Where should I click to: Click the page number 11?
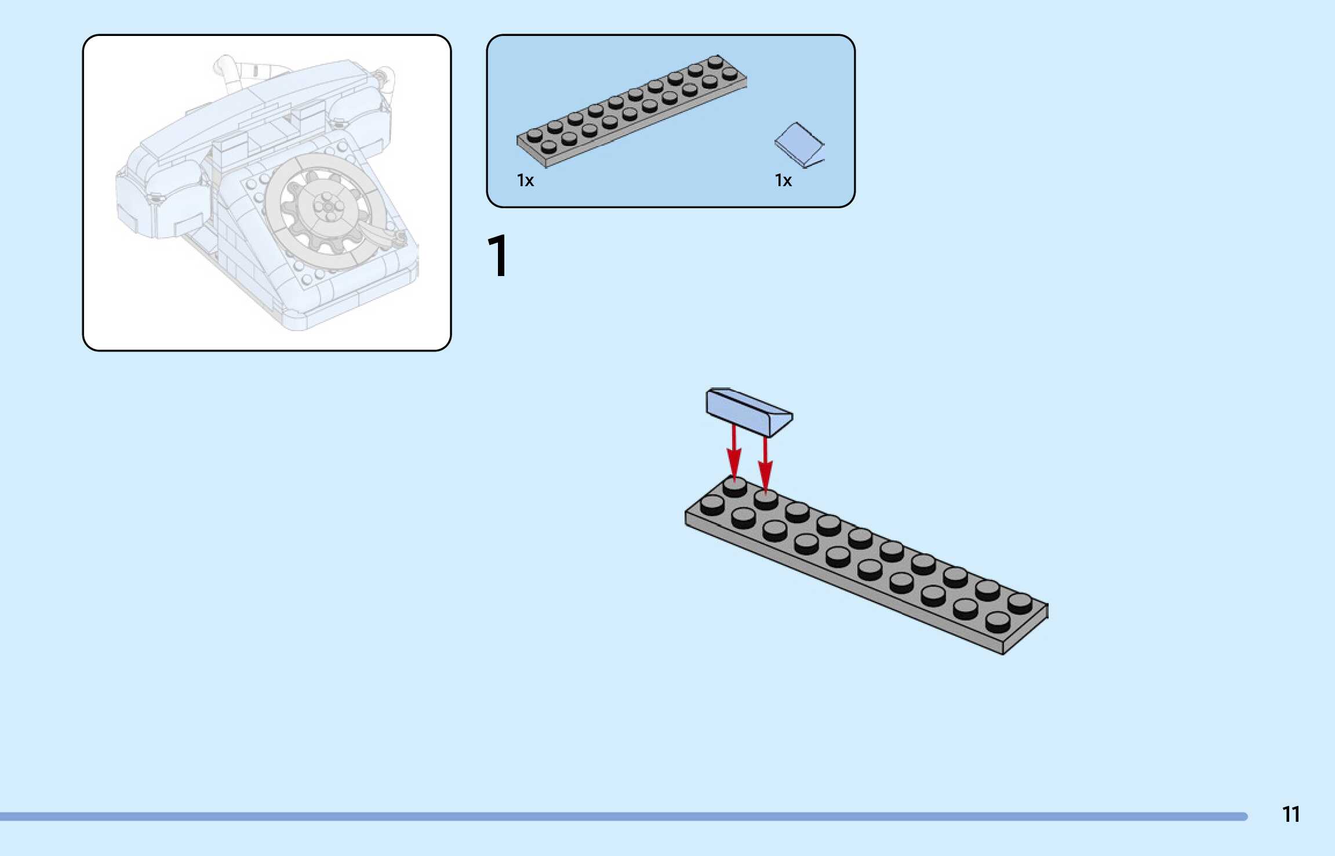click(1290, 814)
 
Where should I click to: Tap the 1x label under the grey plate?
click(525, 181)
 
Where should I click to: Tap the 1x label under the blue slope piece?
click(783, 181)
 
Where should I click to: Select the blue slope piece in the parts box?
click(798, 144)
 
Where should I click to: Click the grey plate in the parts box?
click(632, 110)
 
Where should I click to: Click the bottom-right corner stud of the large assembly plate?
click(997, 622)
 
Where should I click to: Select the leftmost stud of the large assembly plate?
click(712, 505)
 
